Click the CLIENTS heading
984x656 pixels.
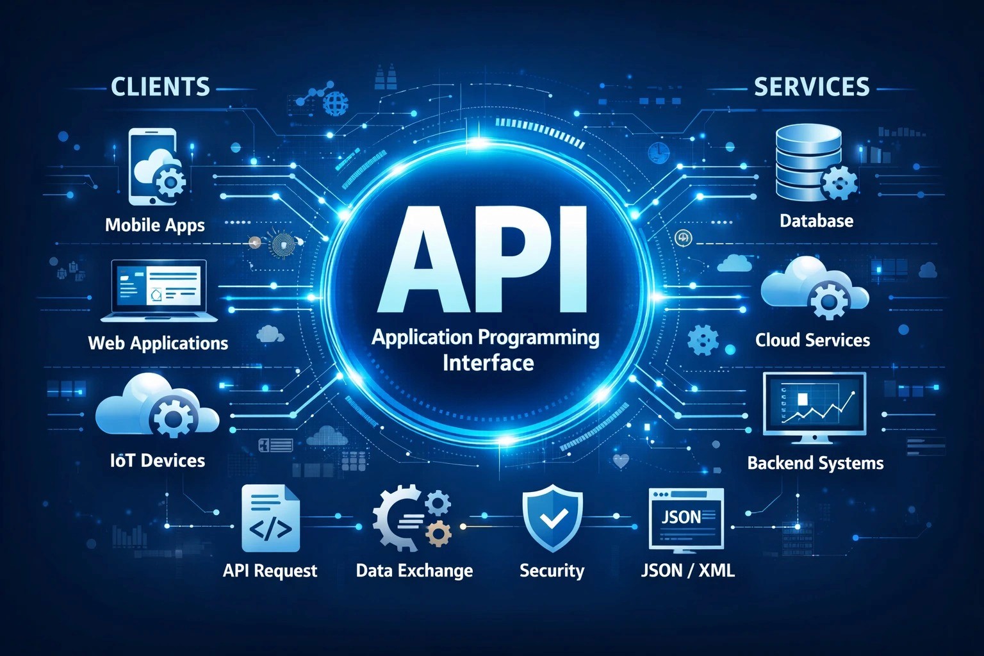(x=160, y=86)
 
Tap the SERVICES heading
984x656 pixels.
(x=811, y=86)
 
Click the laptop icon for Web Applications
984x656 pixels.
(x=160, y=290)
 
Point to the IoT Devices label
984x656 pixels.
(x=158, y=460)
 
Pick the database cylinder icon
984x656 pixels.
(x=808, y=163)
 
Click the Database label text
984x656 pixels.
(x=816, y=221)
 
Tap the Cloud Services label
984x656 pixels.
(x=812, y=340)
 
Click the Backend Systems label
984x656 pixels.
(x=815, y=463)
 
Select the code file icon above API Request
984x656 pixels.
(x=270, y=519)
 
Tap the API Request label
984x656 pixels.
(x=270, y=570)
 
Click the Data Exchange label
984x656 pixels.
(x=414, y=570)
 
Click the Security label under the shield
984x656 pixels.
(x=552, y=570)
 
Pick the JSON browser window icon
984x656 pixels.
(x=686, y=519)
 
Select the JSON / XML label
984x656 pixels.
(x=687, y=570)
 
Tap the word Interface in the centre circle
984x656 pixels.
(x=488, y=363)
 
